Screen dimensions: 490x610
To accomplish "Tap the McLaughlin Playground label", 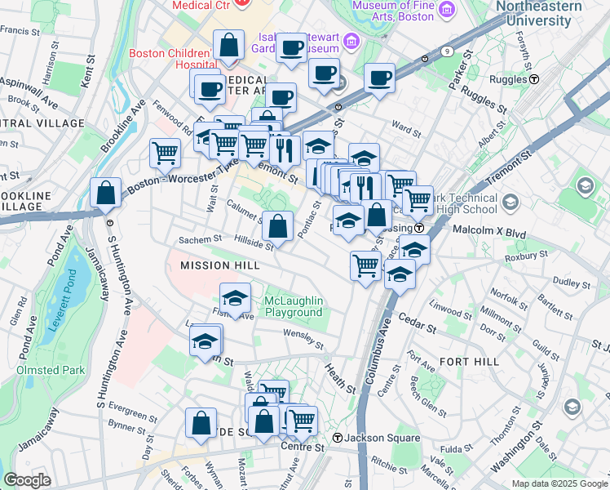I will tap(294, 307).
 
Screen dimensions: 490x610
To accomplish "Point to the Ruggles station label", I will tap(507, 79).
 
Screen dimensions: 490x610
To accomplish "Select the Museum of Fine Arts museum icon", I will tap(446, 9).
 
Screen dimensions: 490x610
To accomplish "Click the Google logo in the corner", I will tap(27, 480).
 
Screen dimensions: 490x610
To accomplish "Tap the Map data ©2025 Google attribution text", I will tap(559, 483).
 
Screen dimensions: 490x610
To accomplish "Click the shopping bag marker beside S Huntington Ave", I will tap(106, 194).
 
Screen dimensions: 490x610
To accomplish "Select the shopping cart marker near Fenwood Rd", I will tap(166, 152).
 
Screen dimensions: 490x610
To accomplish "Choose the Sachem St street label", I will tap(201, 239).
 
